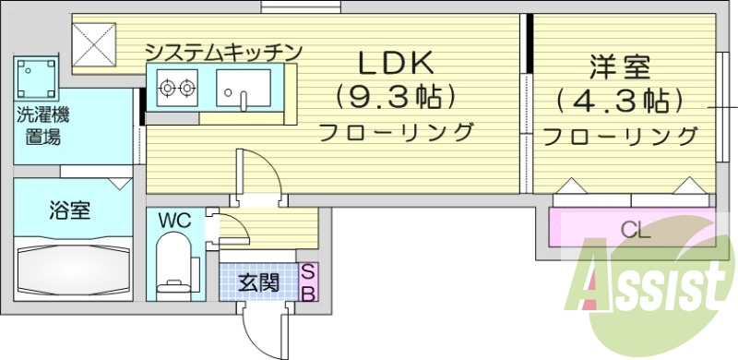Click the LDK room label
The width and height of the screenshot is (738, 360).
396,65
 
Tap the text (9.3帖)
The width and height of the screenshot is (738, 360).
396,96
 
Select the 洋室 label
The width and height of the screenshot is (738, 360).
620,67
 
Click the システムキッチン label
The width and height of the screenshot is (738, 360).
224,52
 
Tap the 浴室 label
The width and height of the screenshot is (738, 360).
69,210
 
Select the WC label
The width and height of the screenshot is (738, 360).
173,221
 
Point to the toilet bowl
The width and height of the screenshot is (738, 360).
173,263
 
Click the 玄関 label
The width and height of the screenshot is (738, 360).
259,282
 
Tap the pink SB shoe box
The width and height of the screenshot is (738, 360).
309,282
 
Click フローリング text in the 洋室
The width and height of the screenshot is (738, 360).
620,137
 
